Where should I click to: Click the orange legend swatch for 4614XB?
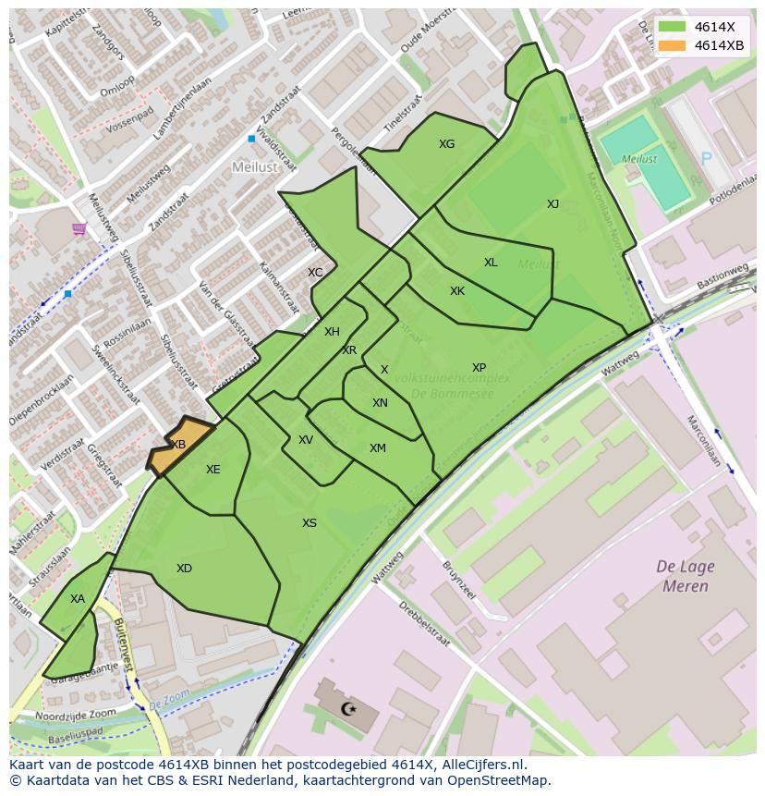point(673,45)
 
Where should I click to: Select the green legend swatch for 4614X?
point(673,27)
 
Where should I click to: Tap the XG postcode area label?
point(446,144)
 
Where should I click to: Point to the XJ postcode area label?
point(552,204)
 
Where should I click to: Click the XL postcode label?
point(491,263)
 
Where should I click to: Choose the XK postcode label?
point(457,291)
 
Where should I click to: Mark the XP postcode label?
point(479,368)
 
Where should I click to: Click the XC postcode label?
point(315,273)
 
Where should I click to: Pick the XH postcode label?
point(332,332)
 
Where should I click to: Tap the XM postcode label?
point(378,448)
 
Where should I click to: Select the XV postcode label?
point(306,440)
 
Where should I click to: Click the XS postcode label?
point(310,523)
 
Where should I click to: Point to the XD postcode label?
point(184,569)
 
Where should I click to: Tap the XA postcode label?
point(78,599)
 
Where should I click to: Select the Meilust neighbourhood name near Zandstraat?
point(254,166)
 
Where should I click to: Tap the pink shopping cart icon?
point(79,228)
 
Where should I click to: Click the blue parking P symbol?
point(707,159)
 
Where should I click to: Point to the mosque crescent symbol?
point(348,709)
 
